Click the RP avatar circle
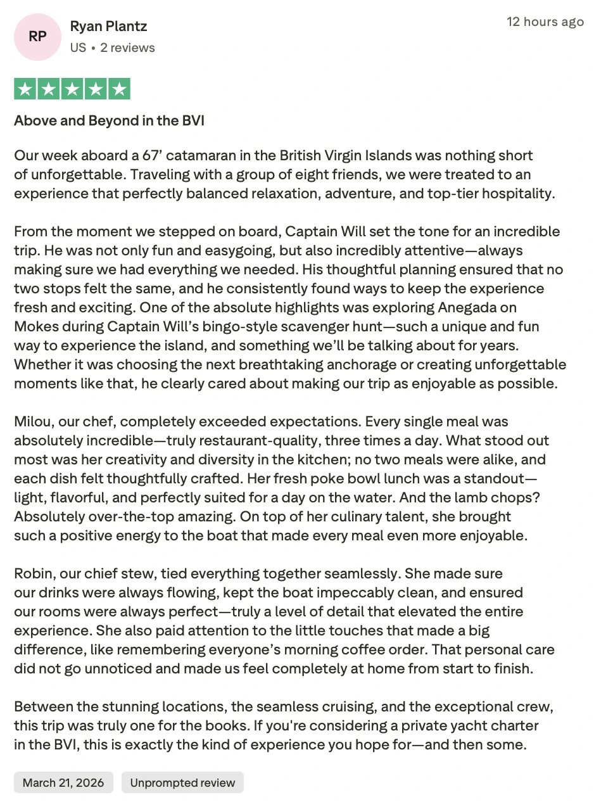pos(37,37)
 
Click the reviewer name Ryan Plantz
pos(108,27)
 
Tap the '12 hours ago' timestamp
pos(545,22)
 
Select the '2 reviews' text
pos(127,48)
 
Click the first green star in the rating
pos(25,89)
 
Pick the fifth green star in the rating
pos(118,89)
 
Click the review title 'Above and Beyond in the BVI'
pos(109,120)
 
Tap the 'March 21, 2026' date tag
pos(63,782)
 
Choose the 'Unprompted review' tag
pos(182,782)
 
